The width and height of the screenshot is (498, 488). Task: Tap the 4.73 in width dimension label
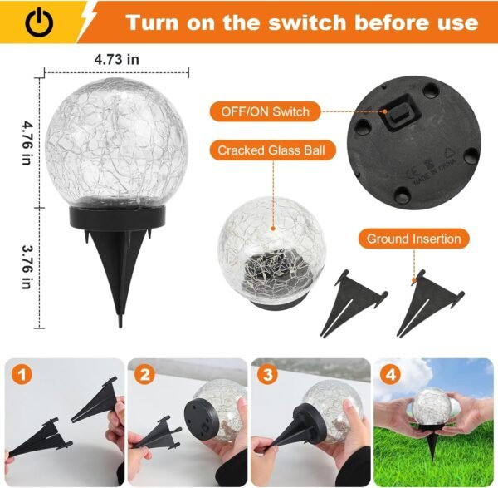[x=116, y=60]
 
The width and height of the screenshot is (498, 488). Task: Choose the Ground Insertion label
[x=414, y=239]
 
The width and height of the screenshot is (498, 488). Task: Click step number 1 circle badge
[x=19, y=375]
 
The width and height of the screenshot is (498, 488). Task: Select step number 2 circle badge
[x=144, y=375]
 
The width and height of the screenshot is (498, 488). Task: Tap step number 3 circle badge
[x=268, y=375]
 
